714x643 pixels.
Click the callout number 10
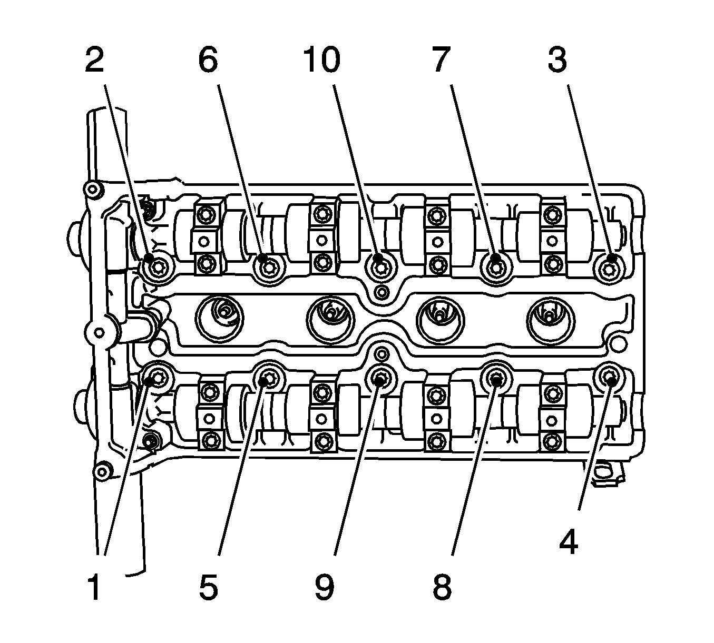click(x=321, y=61)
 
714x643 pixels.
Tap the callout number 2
click(x=94, y=61)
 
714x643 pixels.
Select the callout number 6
click(x=208, y=61)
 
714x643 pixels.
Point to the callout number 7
click(x=439, y=61)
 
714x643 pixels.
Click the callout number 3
click(x=557, y=61)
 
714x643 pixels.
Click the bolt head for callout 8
click(x=496, y=378)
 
